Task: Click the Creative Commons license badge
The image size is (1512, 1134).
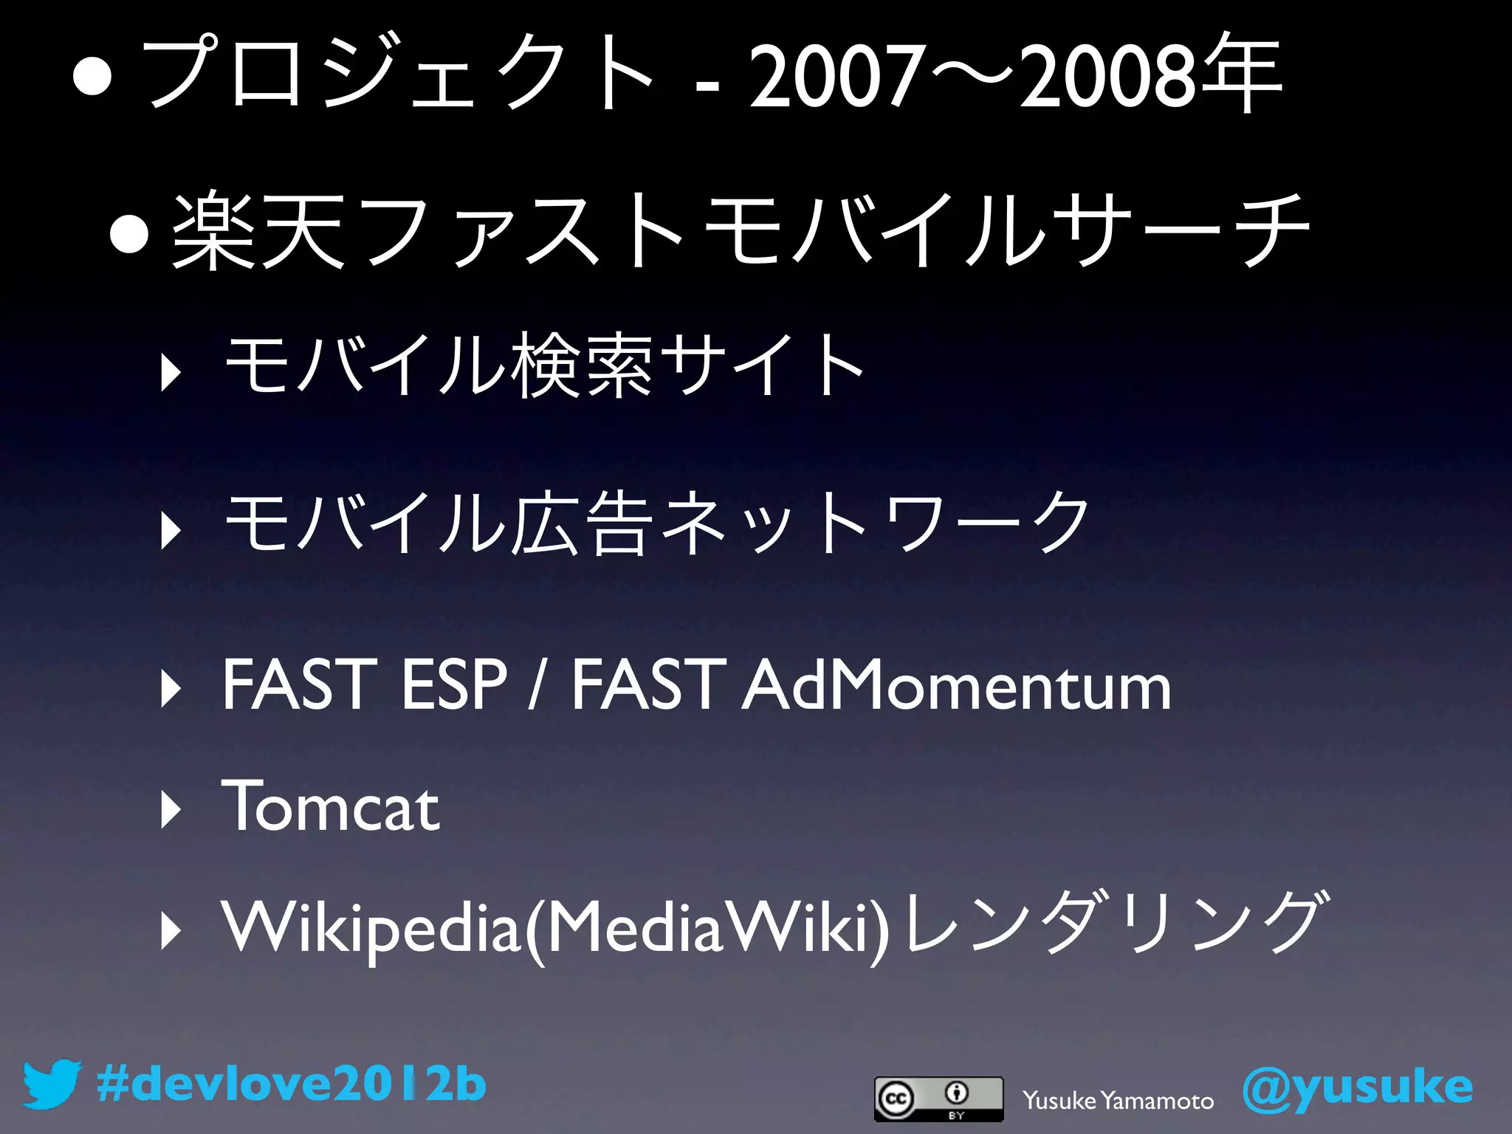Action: pos(938,1099)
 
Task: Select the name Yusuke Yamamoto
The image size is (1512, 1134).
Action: pos(1118,1101)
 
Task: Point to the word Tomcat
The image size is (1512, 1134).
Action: pos(330,807)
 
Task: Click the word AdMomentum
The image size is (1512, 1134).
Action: pos(956,686)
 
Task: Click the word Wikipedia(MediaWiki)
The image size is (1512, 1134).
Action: pos(555,927)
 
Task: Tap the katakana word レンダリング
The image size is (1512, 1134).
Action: pos(1115,923)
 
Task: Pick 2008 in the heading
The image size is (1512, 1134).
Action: pos(1105,76)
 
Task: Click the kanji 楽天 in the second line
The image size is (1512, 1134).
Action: pos(258,230)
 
